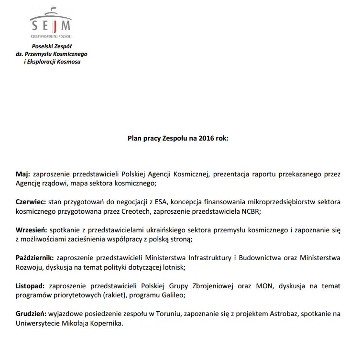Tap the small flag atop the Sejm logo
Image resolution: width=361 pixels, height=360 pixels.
[x=53, y=8]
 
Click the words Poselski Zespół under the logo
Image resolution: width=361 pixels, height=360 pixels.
[x=52, y=46]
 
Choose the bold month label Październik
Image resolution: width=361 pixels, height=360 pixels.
[x=35, y=258]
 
